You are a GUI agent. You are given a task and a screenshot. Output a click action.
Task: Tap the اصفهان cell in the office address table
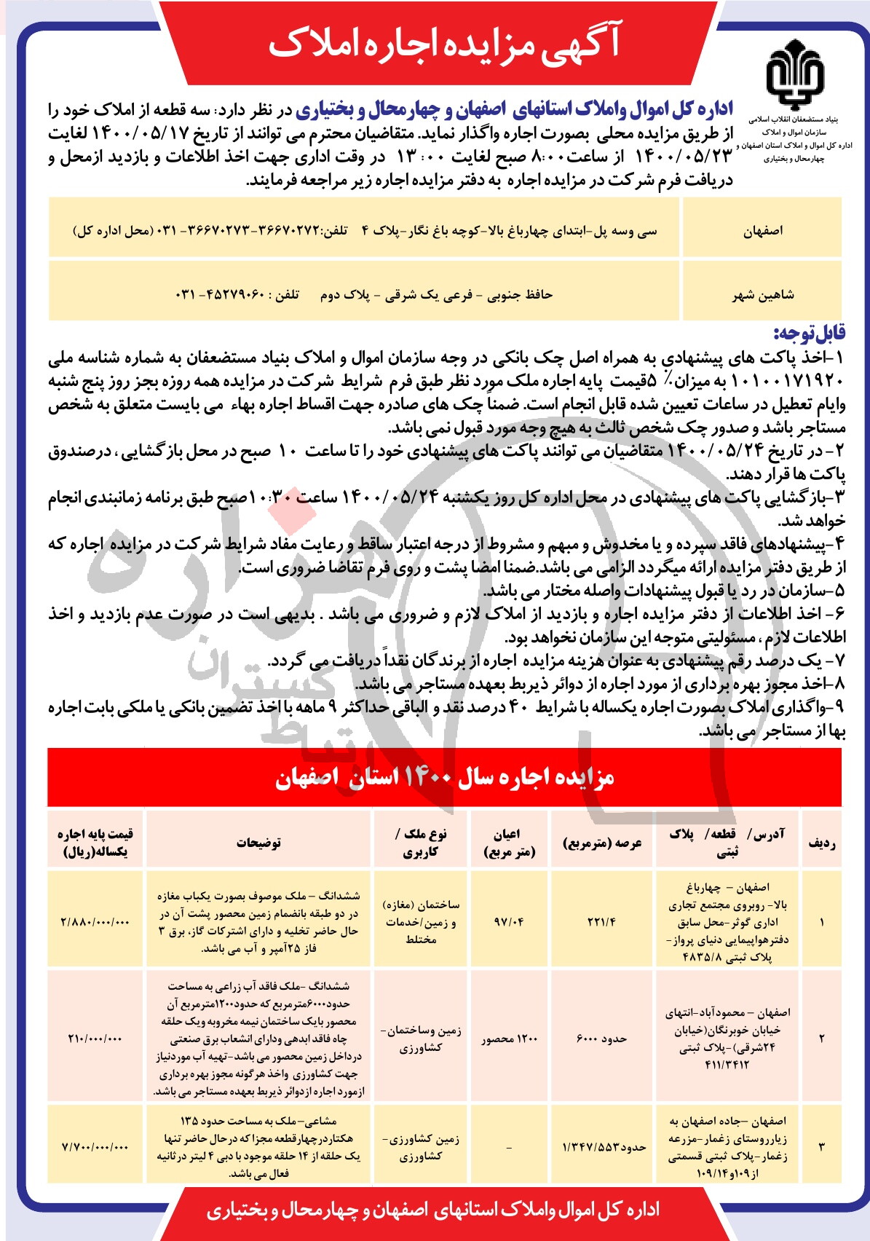coord(762,231)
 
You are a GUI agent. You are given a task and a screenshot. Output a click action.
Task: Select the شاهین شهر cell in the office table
coord(762,295)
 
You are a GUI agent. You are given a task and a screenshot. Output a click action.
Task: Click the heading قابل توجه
coord(809,334)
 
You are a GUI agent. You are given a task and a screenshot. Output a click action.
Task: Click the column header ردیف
coord(821,843)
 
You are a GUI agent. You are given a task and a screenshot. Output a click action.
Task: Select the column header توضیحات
coord(258,843)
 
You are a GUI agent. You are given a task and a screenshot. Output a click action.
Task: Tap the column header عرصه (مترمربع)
coord(602,843)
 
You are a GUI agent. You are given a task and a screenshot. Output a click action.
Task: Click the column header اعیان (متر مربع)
coord(509,843)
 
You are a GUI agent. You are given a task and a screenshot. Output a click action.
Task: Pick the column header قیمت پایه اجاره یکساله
coord(95,843)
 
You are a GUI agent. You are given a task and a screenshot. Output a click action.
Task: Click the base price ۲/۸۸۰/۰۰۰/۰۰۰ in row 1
coord(95,921)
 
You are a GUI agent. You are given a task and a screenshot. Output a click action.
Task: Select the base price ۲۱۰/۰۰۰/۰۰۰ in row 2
coord(95,1038)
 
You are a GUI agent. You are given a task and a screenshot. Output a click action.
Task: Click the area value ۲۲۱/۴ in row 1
coord(601,921)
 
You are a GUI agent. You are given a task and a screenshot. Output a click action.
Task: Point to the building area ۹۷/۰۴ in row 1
coord(509,921)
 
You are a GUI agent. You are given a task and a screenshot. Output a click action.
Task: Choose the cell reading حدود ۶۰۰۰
coord(601,1038)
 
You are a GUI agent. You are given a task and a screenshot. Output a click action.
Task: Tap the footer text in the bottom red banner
coord(433,1210)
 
